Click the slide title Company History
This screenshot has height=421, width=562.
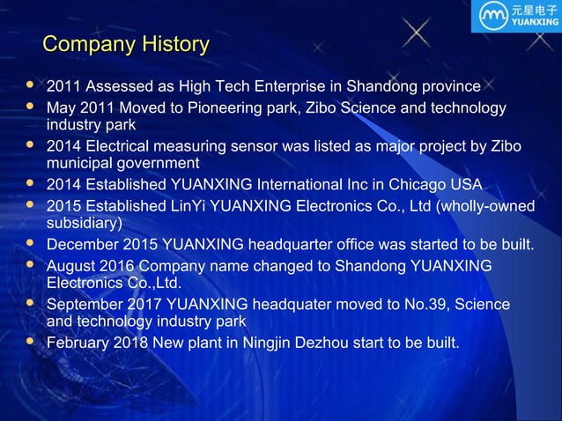coord(126,44)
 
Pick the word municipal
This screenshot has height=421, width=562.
coord(80,163)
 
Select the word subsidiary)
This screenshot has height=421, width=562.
coord(84,223)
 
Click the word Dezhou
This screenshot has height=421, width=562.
coord(317,343)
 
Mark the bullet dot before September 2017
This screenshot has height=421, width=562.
coord(30,303)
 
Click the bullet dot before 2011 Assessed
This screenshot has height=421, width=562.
coord(30,85)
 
